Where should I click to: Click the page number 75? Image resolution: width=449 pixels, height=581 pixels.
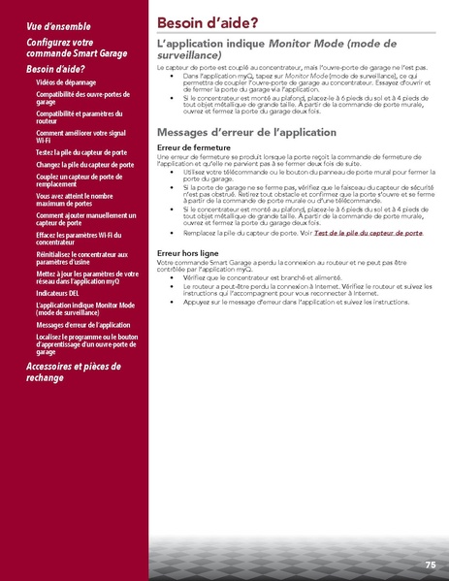[430, 565]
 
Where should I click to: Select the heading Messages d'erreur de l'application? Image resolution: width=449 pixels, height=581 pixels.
[246, 132]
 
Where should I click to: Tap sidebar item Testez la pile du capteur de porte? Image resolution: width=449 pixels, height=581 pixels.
[80, 152]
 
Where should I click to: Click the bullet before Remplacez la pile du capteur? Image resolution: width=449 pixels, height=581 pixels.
[172, 233]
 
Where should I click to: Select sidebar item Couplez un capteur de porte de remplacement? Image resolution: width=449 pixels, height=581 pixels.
[79, 181]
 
